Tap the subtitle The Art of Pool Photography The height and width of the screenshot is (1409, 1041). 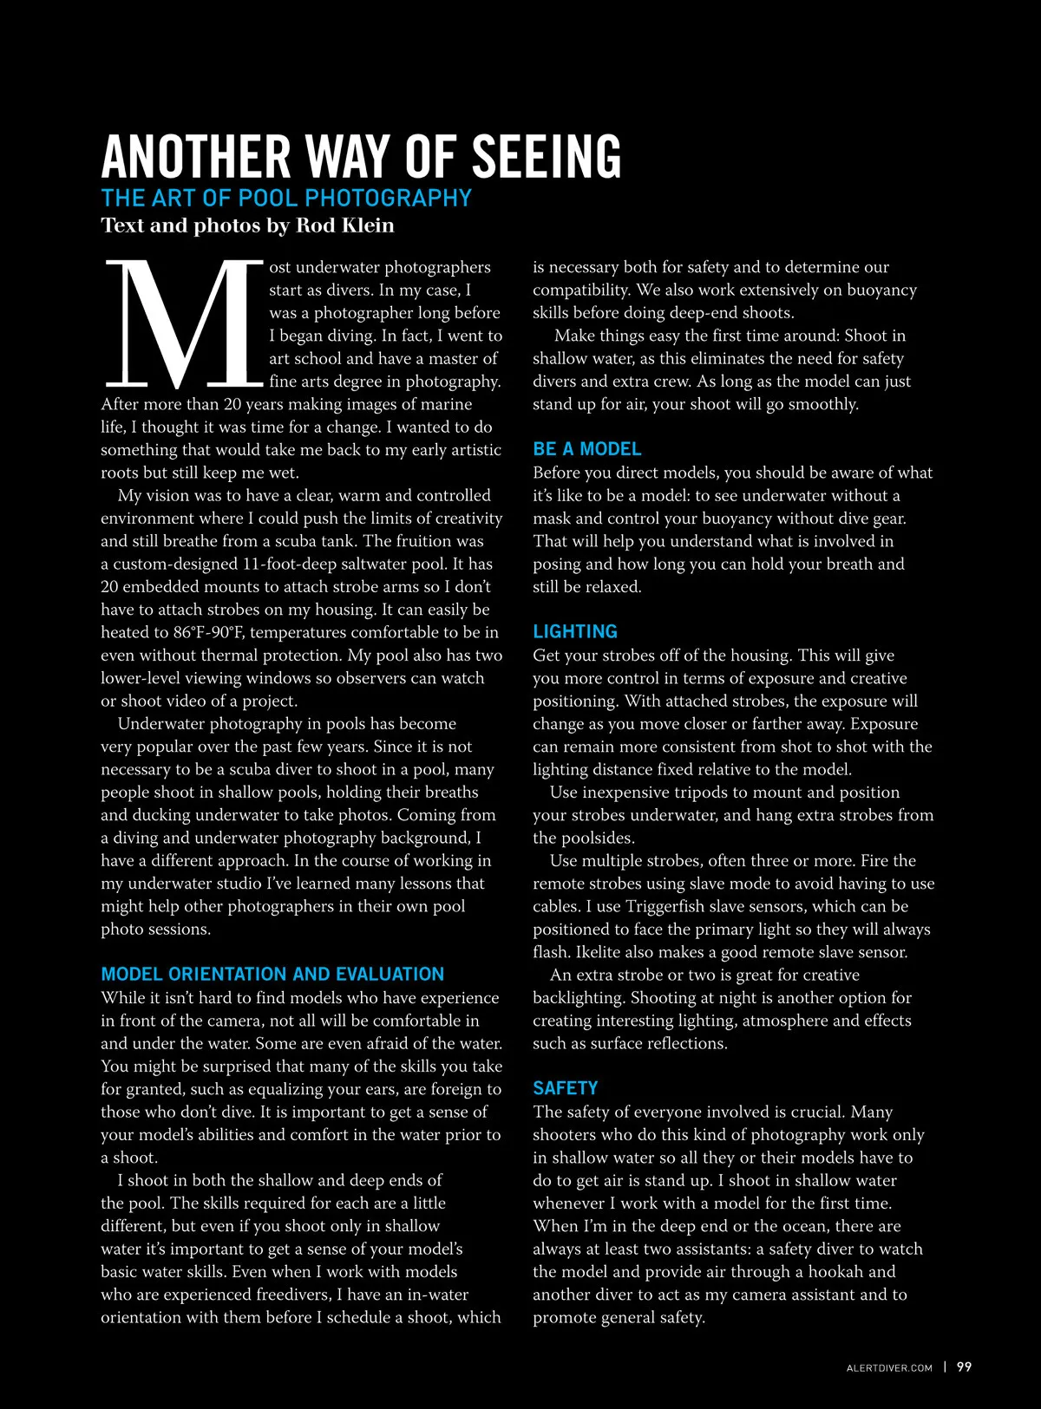[x=286, y=199]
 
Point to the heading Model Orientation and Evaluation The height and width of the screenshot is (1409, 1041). [x=272, y=975]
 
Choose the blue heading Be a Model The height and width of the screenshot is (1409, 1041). [x=586, y=449]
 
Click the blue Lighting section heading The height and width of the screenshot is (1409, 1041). [x=575, y=632]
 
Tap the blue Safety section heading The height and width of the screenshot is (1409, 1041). [x=566, y=1088]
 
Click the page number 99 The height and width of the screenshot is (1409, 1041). [x=964, y=1367]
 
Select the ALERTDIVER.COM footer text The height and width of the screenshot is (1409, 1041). [x=889, y=1368]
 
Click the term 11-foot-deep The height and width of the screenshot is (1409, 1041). [x=289, y=564]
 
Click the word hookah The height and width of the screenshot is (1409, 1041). [x=839, y=1272]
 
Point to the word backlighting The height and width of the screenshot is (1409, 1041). [x=577, y=998]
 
